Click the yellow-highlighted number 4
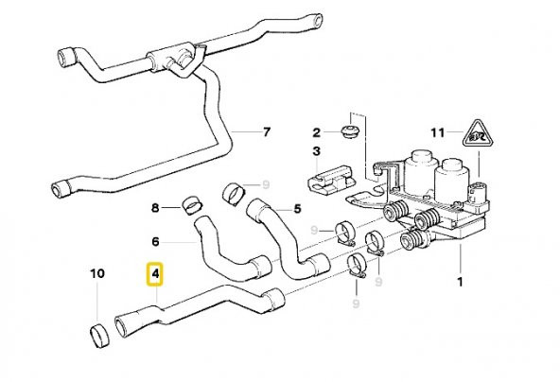(x=156, y=275)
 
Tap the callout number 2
(x=317, y=130)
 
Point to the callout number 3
(x=317, y=150)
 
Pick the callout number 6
(x=156, y=241)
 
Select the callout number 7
(x=266, y=130)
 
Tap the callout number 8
(x=156, y=207)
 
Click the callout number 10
(x=97, y=275)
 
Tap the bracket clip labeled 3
(x=328, y=177)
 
